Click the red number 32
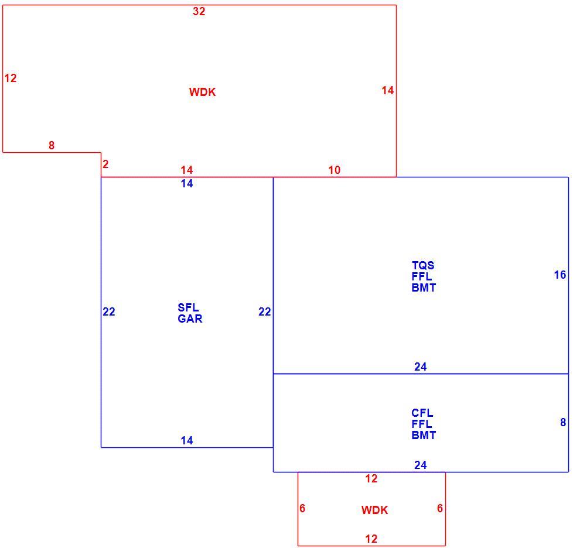tap(199, 12)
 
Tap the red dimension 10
tap(335, 170)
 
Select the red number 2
tap(105, 164)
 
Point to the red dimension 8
tap(52, 145)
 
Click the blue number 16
tap(560, 275)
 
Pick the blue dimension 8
tap(563, 422)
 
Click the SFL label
tap(188, 307)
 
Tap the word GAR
tap(190, 318)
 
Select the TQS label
tap(423, 265)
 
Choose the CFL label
tap(422, 413)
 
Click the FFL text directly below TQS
tap(422, 276)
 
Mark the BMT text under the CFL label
tap(424, 435)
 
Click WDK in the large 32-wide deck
tap(202, 92)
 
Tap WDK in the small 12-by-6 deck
tap(375, 511)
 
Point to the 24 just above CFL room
tap(421, 367)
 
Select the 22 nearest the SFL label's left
tap(109, 311)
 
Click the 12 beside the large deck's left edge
tap(11, 78)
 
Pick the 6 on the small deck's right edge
tap(440, 508)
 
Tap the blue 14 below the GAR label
tap(187, 440)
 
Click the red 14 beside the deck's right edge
tap(388, 90)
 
